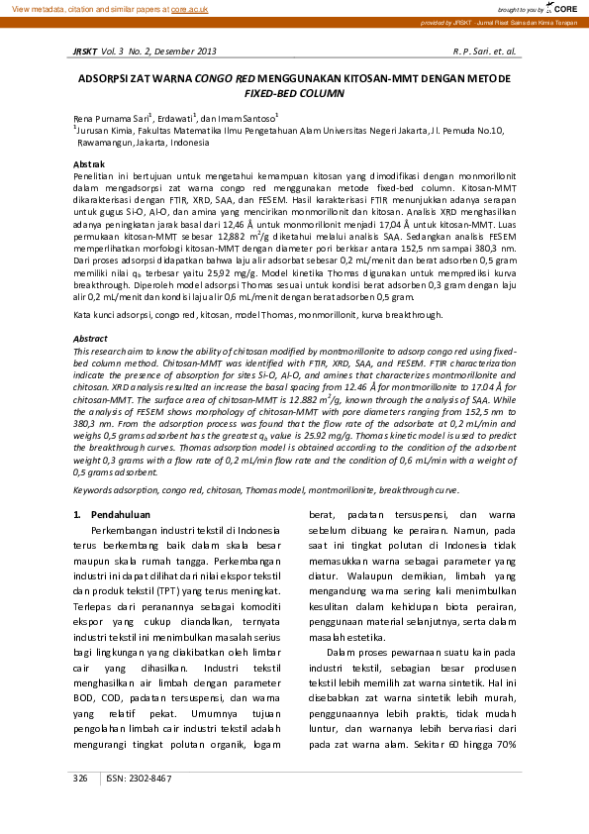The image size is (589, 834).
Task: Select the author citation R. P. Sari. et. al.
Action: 484,50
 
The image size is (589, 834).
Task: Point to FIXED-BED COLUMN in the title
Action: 294,91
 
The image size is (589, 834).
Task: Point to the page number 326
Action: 81,779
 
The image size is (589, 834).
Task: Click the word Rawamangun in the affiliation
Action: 104,142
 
